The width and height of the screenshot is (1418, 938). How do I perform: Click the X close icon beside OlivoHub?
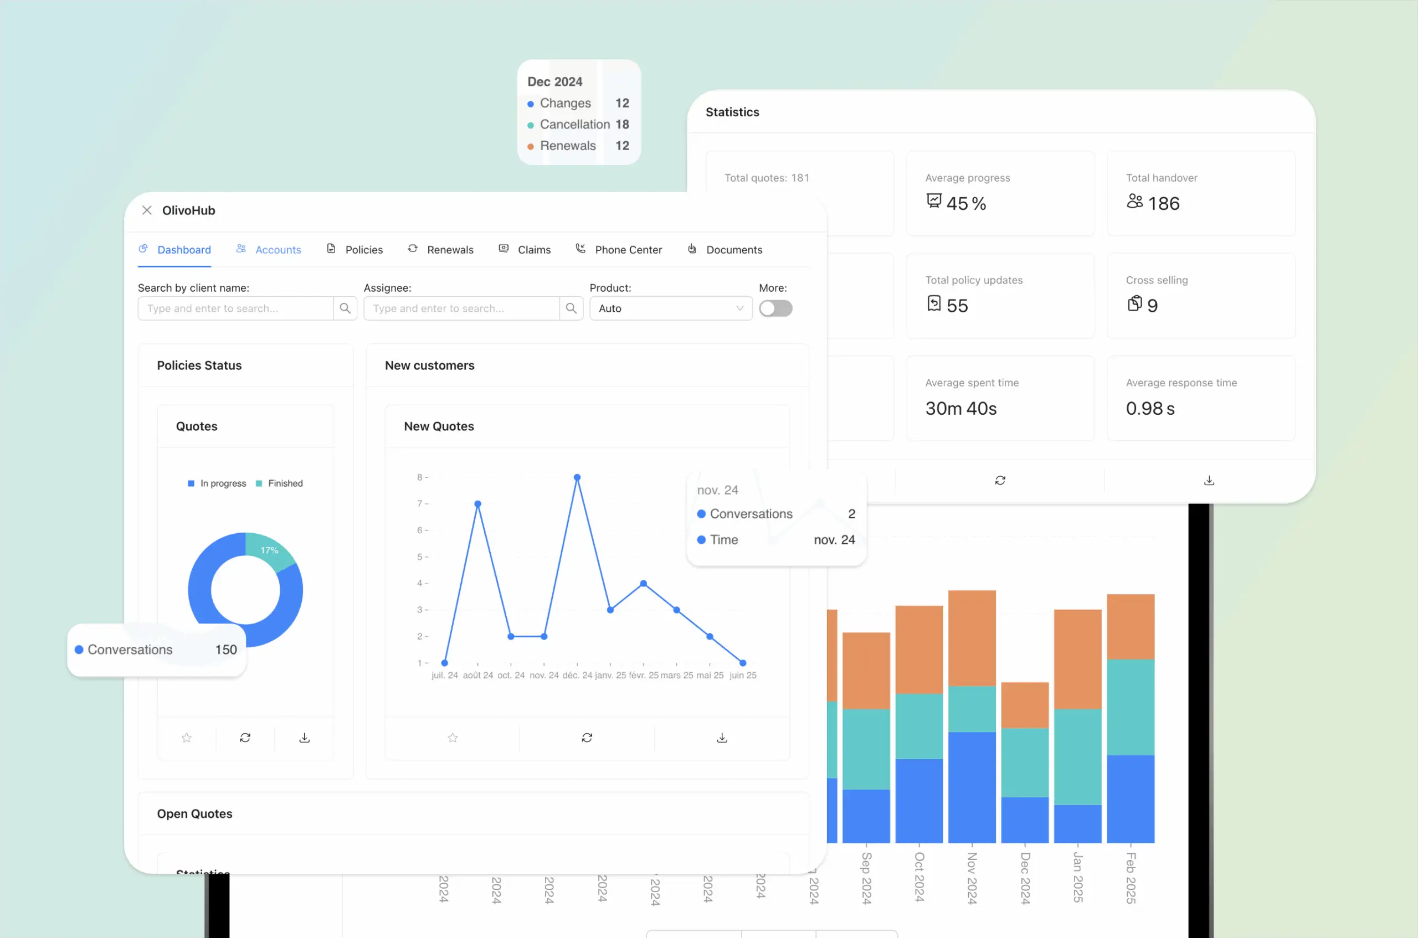click(147, 210)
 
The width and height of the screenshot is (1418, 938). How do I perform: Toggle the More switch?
click(775, 308)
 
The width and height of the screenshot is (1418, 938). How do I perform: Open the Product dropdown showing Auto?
click(670, 308)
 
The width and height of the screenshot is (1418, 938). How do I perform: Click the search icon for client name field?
click(345, 308)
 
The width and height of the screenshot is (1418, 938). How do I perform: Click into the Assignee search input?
click(461, 308)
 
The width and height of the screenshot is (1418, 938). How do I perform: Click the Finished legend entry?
click(285, 483)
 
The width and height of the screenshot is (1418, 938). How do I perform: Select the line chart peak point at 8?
click(577, 477)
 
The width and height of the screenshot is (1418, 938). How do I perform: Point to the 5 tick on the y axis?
click(420, 557)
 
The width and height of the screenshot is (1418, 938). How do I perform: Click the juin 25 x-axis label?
click(742, 676)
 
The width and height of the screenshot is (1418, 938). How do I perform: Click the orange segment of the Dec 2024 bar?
click(1024, 705)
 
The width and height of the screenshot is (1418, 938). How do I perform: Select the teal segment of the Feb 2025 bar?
click(1130, 707)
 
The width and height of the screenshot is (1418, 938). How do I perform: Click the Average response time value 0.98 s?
click(1149, 409)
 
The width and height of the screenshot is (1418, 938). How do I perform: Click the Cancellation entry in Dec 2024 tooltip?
click(574, 125)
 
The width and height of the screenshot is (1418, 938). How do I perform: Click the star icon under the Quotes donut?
click(187, 738)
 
